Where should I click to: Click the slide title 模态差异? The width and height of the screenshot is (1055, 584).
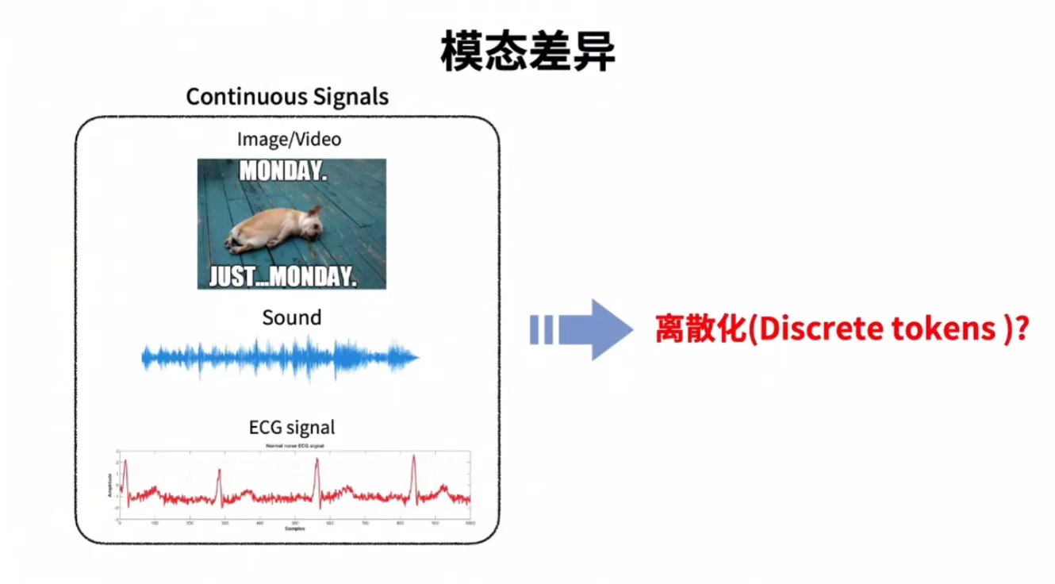[x=528, y=53]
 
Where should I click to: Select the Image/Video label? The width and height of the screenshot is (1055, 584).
[x=289, y=140]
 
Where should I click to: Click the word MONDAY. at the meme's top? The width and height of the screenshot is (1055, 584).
[x=283, y=171]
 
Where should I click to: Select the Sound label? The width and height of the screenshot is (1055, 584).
[x=291, y=318]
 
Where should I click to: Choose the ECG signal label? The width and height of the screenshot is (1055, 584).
[x=292, y=428]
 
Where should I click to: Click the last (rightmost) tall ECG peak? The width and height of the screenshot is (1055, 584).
[x=412, y=468]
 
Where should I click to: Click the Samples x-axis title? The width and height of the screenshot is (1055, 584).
[x=293, y=528]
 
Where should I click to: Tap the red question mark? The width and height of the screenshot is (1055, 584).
[x=1022, y=329]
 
